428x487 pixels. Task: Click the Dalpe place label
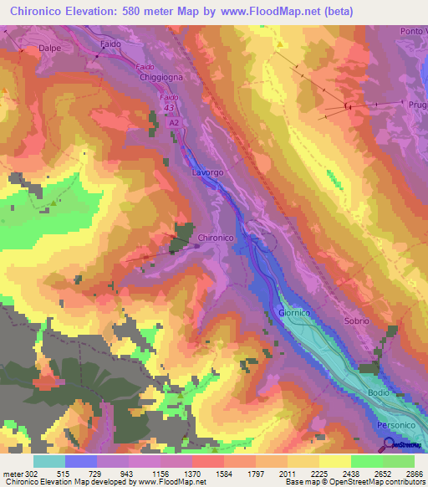[x=51, y=49]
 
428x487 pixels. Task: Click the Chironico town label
[x=215, y=238]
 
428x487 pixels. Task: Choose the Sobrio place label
[x=356, y=321]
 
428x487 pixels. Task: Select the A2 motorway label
[x=175, y=122]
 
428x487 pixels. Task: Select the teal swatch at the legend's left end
[x=49, y=461]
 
